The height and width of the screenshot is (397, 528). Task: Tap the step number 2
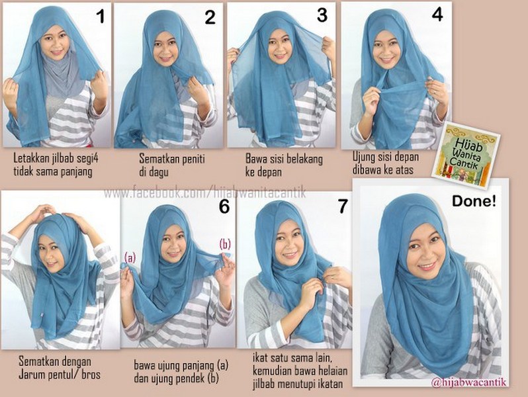click(210, 17)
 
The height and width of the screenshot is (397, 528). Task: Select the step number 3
click(322, 15)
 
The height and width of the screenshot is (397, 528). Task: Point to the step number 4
click(437, 15)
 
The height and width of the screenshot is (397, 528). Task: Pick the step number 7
click(342, 206)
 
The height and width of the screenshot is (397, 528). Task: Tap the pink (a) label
click(130, 258)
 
